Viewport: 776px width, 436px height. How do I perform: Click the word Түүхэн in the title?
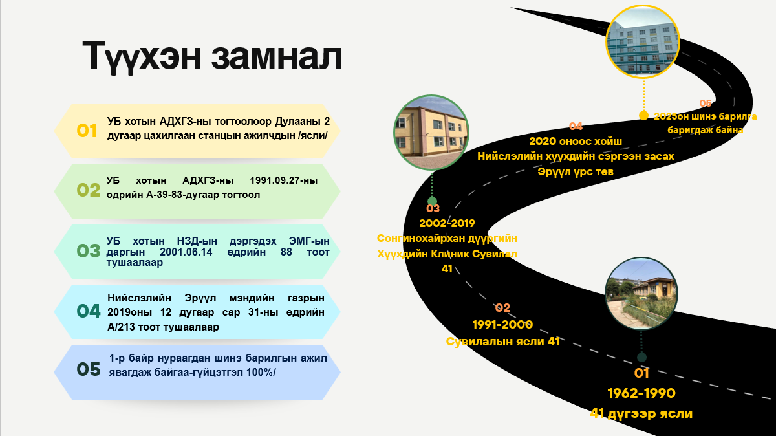[x=142, y=56]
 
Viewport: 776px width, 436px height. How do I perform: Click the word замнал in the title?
[x=277, y=56]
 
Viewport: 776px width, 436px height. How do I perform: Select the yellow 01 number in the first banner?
[x=87, y=131]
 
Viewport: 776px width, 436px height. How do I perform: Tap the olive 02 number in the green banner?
[x=89, y=190]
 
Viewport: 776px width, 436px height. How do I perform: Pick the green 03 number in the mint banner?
[x=89, y=251]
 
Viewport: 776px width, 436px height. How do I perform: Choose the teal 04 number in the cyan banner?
[x=89, y=311]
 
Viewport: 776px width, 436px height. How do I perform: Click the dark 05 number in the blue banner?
[x=89, y=369]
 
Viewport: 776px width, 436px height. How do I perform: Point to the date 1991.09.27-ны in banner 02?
[x=283, y=180]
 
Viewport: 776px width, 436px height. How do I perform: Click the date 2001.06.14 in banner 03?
[x=186, y=252]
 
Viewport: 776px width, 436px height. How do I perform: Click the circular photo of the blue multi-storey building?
[x=643, y=41]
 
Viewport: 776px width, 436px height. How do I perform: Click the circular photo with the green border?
[x=431, y=133]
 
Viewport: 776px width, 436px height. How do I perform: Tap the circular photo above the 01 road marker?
[x=641, y=294]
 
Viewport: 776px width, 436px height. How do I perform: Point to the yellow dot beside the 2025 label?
[x=643, y=116]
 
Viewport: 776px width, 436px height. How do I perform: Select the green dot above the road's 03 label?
[x=432, y=201]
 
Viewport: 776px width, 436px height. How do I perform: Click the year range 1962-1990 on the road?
[x=641, y=393]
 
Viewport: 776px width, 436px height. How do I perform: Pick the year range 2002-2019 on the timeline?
[x=447, y=224]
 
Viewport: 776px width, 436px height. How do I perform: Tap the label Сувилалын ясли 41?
[x=502, y=342]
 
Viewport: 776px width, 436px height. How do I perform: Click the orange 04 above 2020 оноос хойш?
[x=576, y=127]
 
